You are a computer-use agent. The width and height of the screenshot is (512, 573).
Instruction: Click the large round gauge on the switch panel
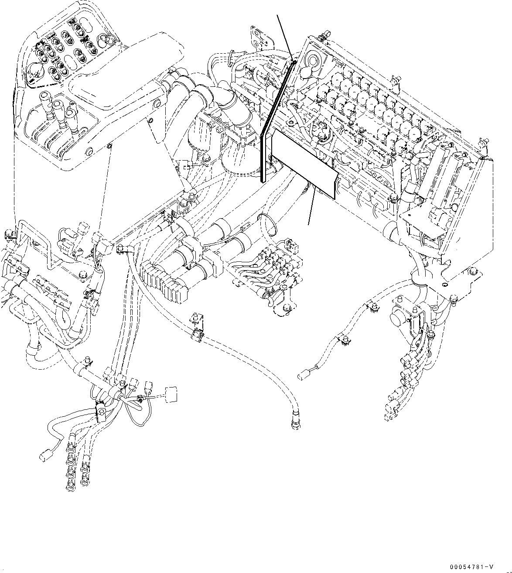36,72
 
